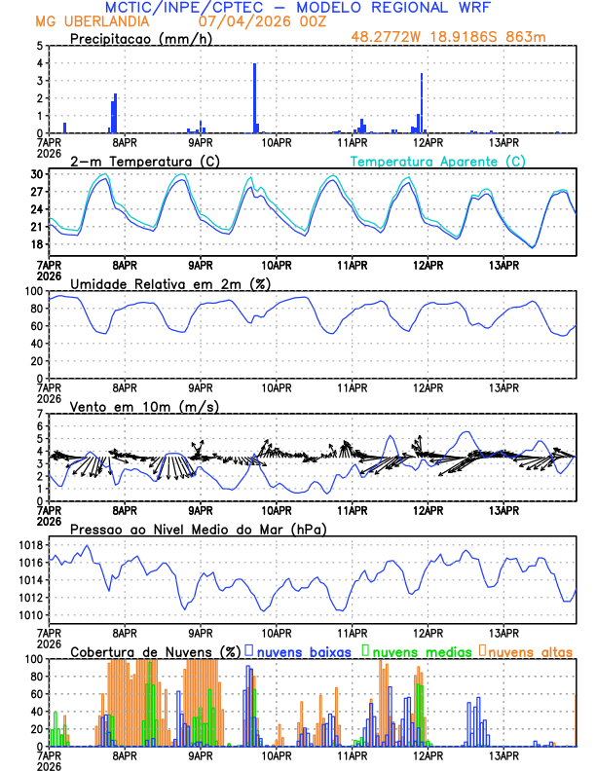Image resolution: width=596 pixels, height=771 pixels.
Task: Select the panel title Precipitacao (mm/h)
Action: (137, 39)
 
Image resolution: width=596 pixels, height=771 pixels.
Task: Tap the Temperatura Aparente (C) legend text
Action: (437, 161)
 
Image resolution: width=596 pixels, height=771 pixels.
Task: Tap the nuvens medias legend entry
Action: (419, 650)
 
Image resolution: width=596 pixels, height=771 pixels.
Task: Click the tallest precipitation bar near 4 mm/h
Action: (254, 97)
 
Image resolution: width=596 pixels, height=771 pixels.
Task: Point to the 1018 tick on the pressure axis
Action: (30, 544)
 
